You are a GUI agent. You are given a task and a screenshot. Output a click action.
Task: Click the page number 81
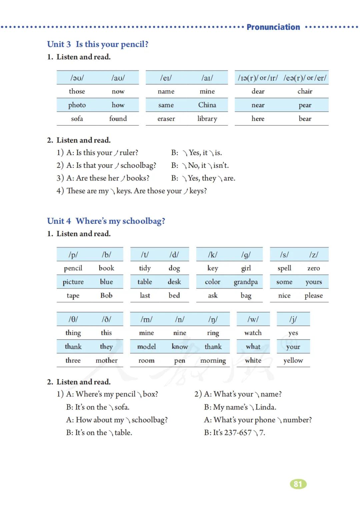(x=298, y=484)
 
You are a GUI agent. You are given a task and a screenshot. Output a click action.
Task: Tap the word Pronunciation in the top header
(x=273, y=27)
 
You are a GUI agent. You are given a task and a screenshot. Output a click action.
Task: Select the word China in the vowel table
(x=207, y=105)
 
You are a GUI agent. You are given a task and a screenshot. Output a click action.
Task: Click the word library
(x=207, y=119)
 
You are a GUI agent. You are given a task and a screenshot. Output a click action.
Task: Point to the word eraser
(x=166, y=119)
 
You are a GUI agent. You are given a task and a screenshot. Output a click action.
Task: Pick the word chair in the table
(x=305, y=91)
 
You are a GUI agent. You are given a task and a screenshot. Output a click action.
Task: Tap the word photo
(x=77, y=105)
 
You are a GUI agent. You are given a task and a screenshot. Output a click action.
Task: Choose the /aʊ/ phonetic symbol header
(x=118, y=78)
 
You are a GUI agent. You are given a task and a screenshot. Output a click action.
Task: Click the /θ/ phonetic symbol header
(x=73, y=319)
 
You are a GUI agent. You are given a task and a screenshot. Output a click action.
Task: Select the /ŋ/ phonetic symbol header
(x=213, y=319)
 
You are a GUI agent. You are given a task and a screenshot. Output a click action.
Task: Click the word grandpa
(x=246, y=282)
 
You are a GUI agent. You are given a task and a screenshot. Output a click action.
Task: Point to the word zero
(x=313, y=268)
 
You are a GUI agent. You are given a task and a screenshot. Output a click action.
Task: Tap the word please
(x=313, y=296)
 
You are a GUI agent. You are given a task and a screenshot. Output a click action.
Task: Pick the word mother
(x=106, y=360)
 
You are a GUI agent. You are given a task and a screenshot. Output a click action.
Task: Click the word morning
(x=213, y=361)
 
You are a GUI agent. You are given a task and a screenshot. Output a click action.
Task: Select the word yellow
(x=293, y=361)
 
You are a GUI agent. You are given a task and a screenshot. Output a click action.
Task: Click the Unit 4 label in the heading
(x=59, y=221)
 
